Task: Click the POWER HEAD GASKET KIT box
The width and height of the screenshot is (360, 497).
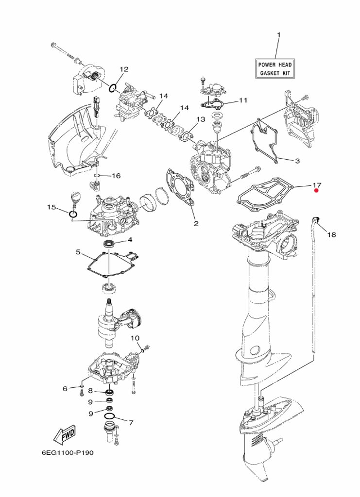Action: point(276,68)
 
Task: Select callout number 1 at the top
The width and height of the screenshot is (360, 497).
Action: point(279,35)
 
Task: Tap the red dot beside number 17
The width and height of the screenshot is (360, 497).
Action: point(316,191)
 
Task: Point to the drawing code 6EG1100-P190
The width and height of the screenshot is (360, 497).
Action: point(67,452)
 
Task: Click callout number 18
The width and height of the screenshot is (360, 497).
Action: point(331,234)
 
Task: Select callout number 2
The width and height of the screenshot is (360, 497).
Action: point(196,224)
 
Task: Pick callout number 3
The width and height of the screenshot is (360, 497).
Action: point(297,161)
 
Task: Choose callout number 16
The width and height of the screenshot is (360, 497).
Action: point(116,176)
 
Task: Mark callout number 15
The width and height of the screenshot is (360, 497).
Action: point(51,207)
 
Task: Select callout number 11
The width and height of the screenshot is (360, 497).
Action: point(243,100)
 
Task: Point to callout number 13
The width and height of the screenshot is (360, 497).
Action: point(200,119)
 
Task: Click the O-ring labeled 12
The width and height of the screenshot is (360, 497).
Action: point(113,88)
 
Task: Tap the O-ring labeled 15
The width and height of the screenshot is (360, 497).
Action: point(72,214)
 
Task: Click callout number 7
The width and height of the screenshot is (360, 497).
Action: point(130,422)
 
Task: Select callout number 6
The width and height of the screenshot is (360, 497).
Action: point(65,388)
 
